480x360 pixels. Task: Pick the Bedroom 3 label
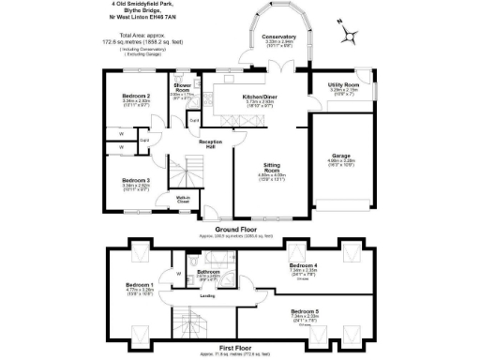coord(137,179)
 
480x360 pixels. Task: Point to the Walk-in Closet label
coord(185,200)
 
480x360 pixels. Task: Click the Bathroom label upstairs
coord(208,272)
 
